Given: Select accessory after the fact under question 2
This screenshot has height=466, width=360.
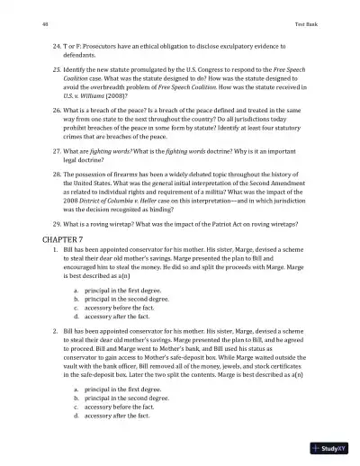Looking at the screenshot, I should pyautogui.click(x=116, y=417).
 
